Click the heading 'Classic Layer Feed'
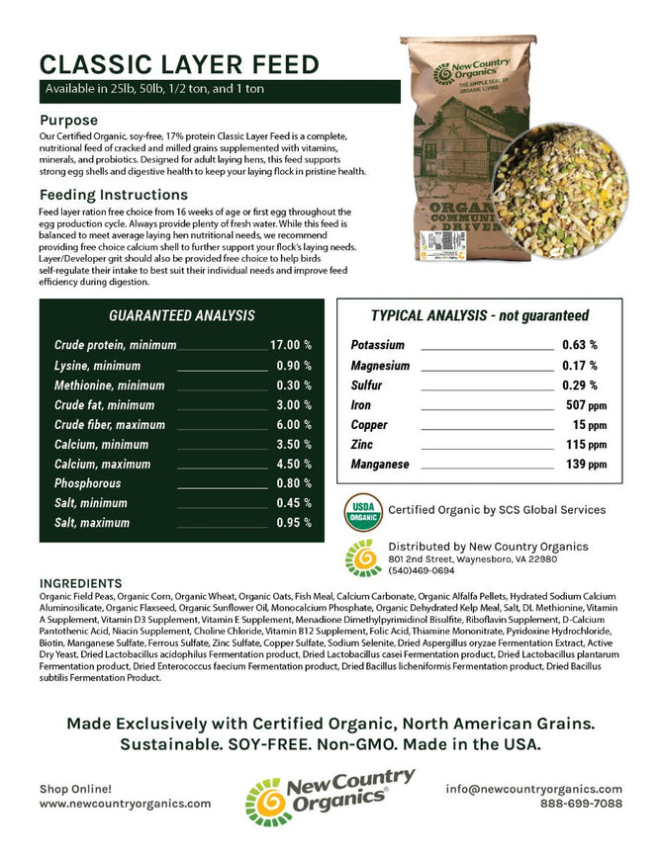click(x=179, y=65)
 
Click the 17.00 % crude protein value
click(x=291, y=345)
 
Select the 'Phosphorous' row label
click(x=87, y=484)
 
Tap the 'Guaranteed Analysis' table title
click(x=181, y=316)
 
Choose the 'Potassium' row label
click(x=377, y=346)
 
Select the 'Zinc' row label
click(x=362, y=445)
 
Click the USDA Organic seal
click(x=362, y=510)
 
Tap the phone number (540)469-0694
click(x=423, y=570)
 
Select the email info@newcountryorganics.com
click(x=534, y=789)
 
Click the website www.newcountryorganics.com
click(x=125, y=804)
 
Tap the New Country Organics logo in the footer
click(x=330, y=796)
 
